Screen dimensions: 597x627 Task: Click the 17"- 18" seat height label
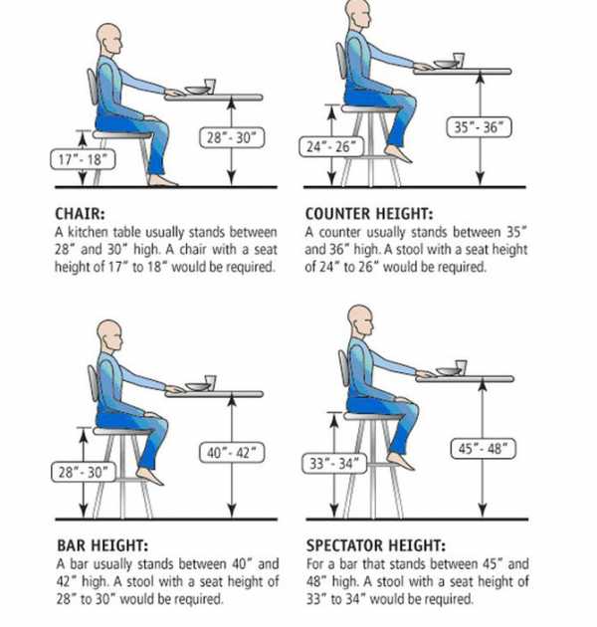pos(83,159)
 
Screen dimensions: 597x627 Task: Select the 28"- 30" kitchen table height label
pos(232,138)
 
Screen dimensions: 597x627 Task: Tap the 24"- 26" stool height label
pos(331,146)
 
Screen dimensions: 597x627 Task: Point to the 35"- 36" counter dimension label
pos(479,127)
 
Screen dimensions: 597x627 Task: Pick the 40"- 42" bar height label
pos(232,453)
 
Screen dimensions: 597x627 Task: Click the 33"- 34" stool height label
pos(334,464)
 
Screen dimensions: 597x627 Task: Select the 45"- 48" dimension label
pos(483,449)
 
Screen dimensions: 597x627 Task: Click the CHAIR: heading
pos(80,214)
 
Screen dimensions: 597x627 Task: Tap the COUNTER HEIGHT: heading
pos(369,214)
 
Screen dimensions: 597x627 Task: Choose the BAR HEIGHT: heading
pos(102,545)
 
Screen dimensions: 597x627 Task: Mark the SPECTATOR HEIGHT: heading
pos(376,545)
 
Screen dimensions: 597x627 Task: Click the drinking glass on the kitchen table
pos(210,86)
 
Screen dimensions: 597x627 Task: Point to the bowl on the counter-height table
pos(444,64)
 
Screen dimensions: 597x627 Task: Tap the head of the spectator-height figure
pos(361,320)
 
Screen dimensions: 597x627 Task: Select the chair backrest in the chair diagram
pos(93,87)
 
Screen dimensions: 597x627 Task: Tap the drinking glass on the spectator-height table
pos(461,367)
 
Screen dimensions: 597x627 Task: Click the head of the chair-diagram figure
pos(108,40)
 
